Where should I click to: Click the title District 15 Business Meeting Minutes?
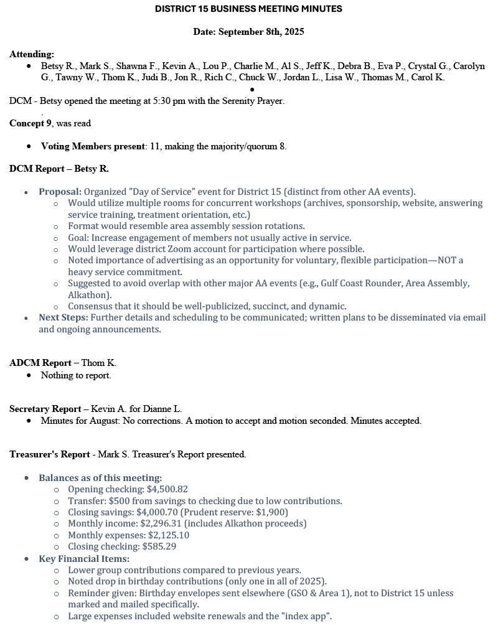248,9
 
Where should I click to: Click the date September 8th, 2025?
261,32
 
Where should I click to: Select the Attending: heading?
32,54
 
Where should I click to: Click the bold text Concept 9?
31,123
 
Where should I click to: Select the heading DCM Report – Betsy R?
59,169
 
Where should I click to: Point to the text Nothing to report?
76,375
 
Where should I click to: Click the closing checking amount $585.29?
159,546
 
